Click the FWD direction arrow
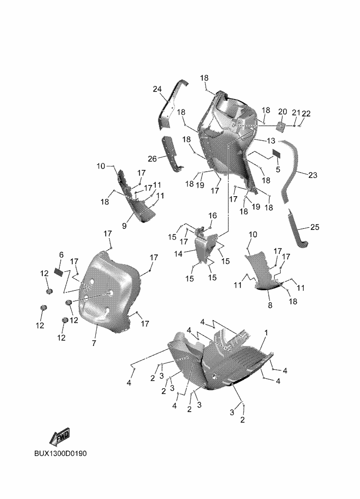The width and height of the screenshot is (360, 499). tap(60, 437)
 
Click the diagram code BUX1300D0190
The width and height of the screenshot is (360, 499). tap(61, 453)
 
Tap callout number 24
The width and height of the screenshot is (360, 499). tap(157, 89)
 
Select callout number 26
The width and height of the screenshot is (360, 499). tap(153, 158)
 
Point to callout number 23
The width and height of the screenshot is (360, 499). tap(313, 175)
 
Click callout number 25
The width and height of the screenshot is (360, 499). tap(315, 227)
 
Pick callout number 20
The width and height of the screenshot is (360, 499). tap(283, 112)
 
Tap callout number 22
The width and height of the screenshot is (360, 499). tap(306, 113)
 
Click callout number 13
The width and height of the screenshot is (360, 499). tap(271, 141)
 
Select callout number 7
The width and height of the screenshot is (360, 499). tap(94, 343)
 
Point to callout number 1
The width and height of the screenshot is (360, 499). tap(267, 332)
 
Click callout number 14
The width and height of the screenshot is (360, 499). tap(178, 253)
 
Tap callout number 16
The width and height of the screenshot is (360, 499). tap(213, 215)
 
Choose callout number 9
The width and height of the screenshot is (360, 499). tap(124, 226)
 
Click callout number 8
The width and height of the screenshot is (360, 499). tap(270, 306)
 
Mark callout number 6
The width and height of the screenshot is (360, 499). tap(61, 254)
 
